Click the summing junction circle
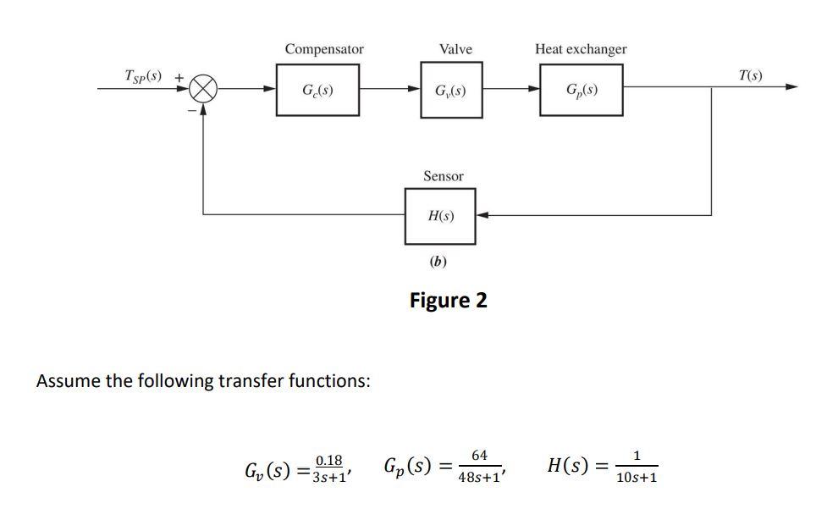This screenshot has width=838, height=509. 203,88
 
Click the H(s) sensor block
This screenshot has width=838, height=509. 441,216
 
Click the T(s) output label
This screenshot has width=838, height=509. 750,75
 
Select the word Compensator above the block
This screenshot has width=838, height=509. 324,49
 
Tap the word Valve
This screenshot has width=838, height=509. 455,49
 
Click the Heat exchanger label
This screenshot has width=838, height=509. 581,49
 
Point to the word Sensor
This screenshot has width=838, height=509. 443,176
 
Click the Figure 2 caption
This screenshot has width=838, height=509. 448,301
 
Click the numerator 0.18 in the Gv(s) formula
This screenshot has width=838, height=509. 328,460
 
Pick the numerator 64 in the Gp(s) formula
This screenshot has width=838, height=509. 479,456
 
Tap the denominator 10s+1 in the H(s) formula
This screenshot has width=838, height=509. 637,478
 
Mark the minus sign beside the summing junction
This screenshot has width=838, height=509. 192,109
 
